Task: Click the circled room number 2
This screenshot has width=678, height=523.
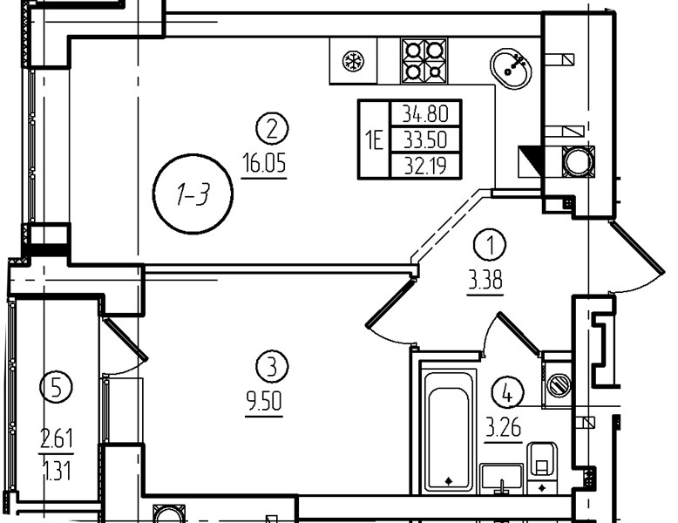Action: [272, 129]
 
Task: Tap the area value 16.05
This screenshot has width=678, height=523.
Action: [264, 164]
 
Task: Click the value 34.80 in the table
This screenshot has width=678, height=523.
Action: [425, 113]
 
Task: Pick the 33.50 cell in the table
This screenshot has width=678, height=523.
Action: [425, 139]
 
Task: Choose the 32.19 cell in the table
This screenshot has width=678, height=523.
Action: [425, 165]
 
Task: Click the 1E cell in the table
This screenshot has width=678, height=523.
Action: [375, 139]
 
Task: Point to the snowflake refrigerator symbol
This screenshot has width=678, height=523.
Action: [353, 61]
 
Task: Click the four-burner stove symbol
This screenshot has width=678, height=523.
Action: [424, 60]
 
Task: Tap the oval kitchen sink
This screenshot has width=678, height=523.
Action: [511, 68]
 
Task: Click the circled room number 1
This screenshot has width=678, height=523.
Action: [490, 245]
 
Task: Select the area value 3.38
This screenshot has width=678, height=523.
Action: [485, 282]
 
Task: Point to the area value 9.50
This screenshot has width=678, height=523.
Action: [264, 403]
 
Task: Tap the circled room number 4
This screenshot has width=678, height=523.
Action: [508, 392]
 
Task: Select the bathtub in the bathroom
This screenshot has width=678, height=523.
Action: [449, 431]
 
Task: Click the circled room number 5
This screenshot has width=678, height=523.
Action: [57, 387]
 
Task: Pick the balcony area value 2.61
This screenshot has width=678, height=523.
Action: [57, 438]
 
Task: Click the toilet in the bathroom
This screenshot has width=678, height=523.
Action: [542, 468]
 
